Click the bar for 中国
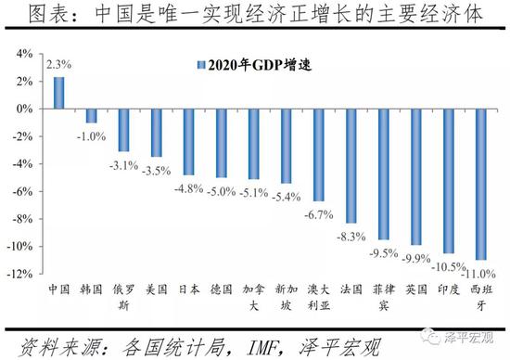58,93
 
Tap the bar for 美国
156,133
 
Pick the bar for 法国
351,166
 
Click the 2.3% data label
57,65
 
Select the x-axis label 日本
188,289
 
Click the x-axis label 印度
448,289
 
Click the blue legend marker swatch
199,64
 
